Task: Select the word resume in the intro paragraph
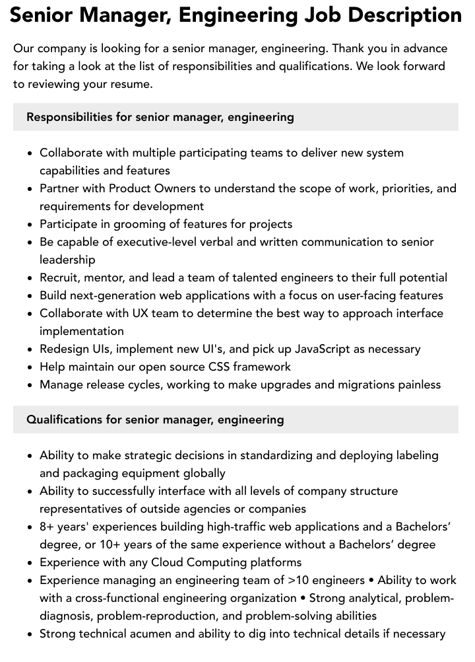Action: (131, 84)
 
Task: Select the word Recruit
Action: (61, 277)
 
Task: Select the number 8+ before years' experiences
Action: (47, 527)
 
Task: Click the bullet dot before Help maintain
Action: (30, 367)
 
